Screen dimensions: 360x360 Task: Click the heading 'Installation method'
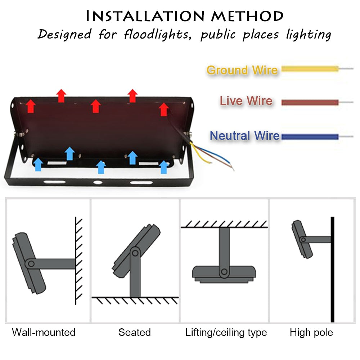click(x=185, y=16)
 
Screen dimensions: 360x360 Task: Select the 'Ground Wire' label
click(x=242, y=70)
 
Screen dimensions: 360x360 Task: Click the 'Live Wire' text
click(x=246, y=101)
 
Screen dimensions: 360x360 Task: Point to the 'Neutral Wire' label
click(x=244, y=136)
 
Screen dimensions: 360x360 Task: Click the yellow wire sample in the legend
click(x=310, y=68)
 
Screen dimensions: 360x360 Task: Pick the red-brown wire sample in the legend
click(x=310, y=102)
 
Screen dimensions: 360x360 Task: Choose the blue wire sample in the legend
click(x=310, y=136)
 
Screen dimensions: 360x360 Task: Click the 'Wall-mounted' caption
click(x=44, y=332)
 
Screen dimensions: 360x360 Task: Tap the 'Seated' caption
click(x=134, y=332)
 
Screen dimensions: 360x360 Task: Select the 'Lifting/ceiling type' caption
click(x=226, y=332)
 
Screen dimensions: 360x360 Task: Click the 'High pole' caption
click(x=311, y=332)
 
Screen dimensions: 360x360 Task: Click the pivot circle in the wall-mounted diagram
click(x=31, y=264)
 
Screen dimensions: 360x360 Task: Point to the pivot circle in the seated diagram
click(x=135, y=253)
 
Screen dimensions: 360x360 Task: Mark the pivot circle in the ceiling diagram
click(x=224, y=271)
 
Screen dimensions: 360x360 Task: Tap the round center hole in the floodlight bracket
click(x=97, y=183)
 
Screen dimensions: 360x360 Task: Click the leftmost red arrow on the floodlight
click(x=31, y=106)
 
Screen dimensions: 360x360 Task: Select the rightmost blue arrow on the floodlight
click(x=164, y=167)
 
